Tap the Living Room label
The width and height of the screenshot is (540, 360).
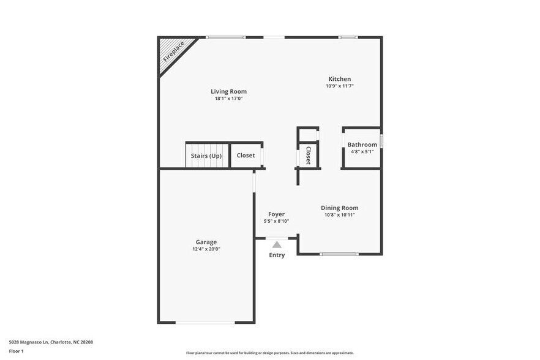pos(228,92)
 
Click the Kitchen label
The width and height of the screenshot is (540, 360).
pos(340,79)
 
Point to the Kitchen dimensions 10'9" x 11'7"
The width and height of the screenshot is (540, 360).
pos(340,86)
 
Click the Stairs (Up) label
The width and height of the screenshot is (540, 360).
pos(206,156)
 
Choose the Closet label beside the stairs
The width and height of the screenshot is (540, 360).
pos(246,156)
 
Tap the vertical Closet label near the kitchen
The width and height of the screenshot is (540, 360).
pos(309,156)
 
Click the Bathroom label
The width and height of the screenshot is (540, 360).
pos(362,145)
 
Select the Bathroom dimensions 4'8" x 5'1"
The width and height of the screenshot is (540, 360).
pos(362,152)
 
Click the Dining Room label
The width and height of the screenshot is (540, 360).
pos(340,208)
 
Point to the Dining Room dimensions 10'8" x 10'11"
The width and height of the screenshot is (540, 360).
pos(340,215)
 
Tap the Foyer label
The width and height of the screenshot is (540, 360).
pos(276,214)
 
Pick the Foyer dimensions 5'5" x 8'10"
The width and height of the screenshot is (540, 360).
pos(276,222)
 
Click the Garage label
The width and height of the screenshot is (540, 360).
pos(206,242)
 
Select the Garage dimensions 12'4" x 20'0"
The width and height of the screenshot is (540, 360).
pos(206,249)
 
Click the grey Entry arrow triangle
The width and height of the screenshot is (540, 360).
pos(277,244)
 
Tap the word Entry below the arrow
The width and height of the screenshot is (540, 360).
pos(277,255)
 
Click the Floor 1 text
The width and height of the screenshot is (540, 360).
pos(16,351)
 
